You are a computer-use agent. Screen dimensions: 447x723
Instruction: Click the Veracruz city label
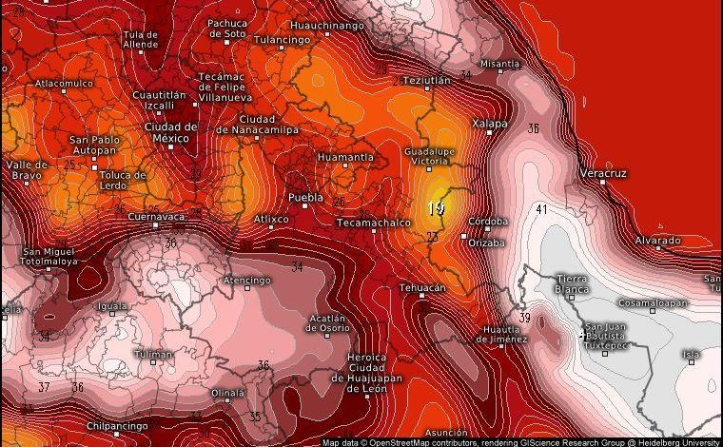(x=603, y=174)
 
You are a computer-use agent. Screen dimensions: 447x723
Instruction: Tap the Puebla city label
(x=305, y=199)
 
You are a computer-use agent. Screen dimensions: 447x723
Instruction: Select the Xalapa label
(x=490, y=124)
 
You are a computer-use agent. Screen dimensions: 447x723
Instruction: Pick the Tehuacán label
(x=422, y=287)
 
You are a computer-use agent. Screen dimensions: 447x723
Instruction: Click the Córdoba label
(x=489, y=222)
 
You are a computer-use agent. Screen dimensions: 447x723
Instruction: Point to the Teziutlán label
(x=426, y=81)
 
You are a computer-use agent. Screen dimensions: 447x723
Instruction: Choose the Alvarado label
(x=657, y=241)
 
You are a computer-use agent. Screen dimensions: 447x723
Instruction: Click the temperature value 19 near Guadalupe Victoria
(x=437, y=208)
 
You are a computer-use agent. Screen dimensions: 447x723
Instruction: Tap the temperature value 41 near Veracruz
(x=541, y=209)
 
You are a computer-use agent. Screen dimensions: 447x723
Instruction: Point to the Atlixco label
(x=271, y=220)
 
